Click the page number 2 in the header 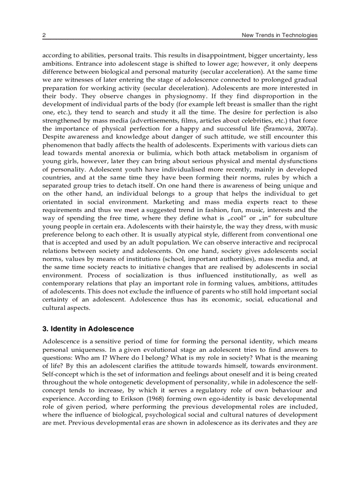tap(44, 35)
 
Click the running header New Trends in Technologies tap(279, 35)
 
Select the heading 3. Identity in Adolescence tap(88, 329)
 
